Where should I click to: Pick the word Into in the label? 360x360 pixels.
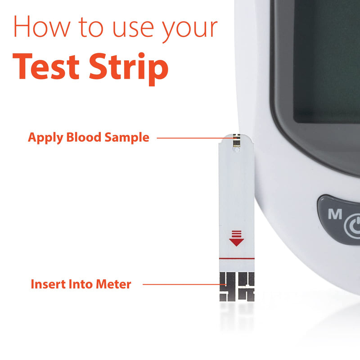(x=79, y=284)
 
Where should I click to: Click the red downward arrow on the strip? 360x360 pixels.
(x=236, y=239)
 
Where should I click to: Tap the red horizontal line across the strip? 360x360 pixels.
(x=237, y=260)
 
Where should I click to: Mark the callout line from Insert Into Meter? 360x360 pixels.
(x=180, y=284)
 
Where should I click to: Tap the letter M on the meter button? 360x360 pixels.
(x=335, y=215)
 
